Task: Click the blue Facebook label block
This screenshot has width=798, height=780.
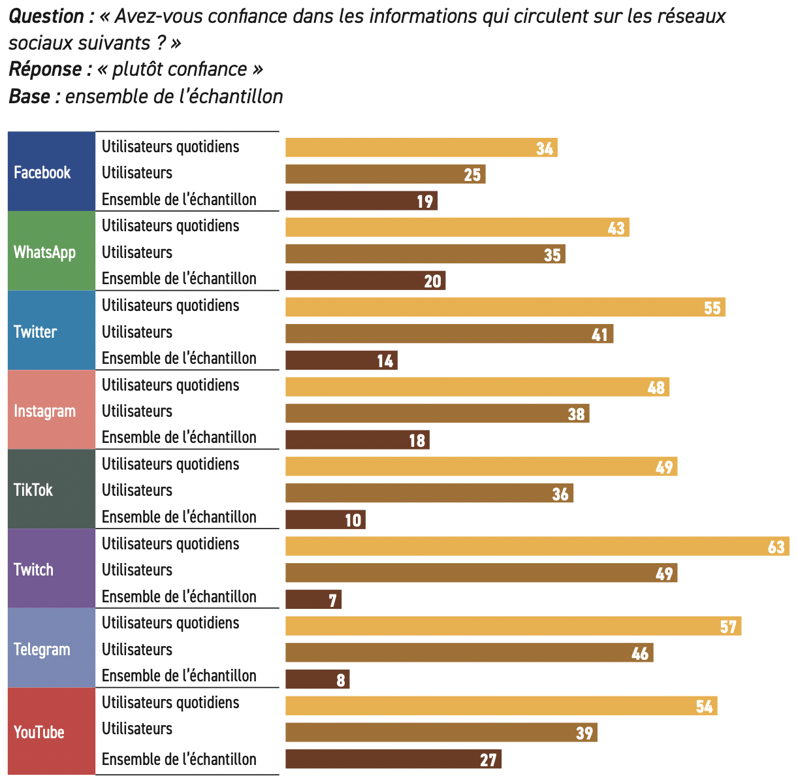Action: (x=52, y=171)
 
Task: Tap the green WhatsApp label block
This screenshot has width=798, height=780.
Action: (x=52, y=251)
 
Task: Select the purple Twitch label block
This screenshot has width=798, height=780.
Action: (x=52, y=568)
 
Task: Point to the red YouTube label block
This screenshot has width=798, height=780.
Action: (x=52, y=731)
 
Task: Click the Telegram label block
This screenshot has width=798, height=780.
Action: (x=52, y=648)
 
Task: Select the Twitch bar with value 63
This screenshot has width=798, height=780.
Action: (x=537, y=546)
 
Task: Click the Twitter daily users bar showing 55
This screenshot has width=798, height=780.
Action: (x=505, y=307)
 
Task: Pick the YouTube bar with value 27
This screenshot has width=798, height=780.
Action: (x=393, y=759)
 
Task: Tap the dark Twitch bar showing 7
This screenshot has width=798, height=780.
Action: (x=313, y=599)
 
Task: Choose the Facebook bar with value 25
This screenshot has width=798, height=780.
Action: (x=385, y=174)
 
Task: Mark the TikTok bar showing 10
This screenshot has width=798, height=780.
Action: (x=325, y=519)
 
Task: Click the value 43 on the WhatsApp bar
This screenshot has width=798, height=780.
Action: (x=616, y=228)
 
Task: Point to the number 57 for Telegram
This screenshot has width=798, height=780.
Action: (x=728, y=626)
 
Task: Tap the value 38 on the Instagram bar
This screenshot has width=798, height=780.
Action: (x=576, y=414)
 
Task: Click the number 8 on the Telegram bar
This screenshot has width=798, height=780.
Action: (x=340, y=680)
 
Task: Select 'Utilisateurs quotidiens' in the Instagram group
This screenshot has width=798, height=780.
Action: (x=170, y=385)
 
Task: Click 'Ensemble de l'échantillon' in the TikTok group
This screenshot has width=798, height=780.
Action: (x=179, y=517)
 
